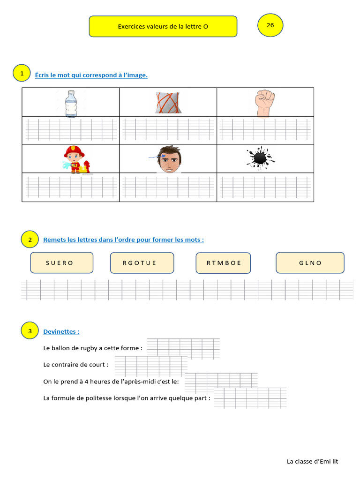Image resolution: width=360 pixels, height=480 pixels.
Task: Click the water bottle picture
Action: (x=71, y=104)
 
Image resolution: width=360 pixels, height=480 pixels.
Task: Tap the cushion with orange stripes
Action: (x=168, y=103)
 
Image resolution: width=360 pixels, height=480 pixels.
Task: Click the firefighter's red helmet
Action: (x=74, y=150)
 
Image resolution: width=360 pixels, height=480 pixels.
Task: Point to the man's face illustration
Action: (x=169, y=159)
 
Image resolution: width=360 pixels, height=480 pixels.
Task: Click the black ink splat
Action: (x=260, y=158)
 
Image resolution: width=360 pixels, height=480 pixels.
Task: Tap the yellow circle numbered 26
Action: (x=270, y=25)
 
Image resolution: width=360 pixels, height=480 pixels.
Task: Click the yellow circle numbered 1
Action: (x=22, y=73)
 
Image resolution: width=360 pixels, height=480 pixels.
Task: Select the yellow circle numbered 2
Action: (x=30, y=240)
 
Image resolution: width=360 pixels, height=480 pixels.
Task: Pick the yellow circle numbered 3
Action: (x=30, y=331)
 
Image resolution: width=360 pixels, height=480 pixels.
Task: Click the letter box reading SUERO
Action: (x=61, y=262)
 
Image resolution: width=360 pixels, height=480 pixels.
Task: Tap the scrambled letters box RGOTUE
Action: (x=142, y=262)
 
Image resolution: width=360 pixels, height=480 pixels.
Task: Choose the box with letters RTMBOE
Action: (x=223, y=262)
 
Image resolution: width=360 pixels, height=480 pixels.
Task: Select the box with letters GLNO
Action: (x=310, y=262)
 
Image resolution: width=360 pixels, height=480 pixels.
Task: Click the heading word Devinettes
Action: (x=60, y=331)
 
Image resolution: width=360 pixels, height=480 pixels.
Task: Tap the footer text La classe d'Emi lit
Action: (x=312, y=461)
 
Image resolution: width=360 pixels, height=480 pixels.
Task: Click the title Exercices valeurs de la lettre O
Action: (x=163, y=27)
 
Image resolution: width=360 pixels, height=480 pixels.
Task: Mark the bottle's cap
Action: (x=71, y=92)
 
